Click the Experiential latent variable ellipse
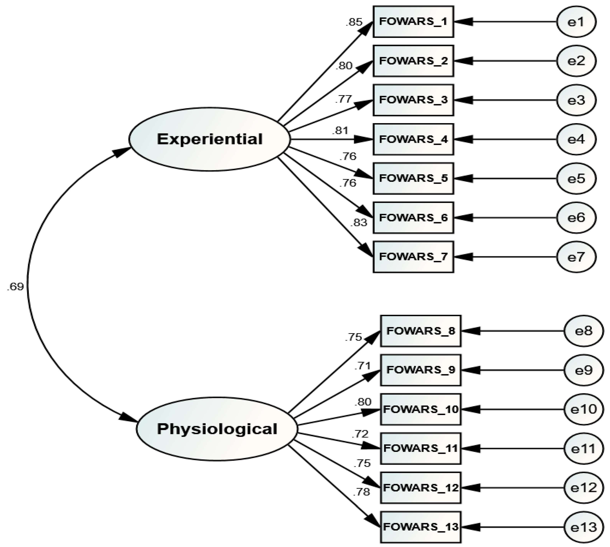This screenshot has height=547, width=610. [x=209, y=139]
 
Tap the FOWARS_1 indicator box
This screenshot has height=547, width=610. [x=413, y=22]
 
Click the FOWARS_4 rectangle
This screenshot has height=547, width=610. [x=413, y=139]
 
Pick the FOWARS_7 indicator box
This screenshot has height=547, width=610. [x=413, y=257]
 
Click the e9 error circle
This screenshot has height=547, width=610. [x=583, y=370]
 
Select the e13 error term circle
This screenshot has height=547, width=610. [x=583, y=527]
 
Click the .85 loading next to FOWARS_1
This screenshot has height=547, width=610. [x=354, y=22]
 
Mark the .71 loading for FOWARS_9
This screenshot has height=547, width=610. [x=363, y=366]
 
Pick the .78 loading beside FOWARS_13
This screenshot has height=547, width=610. [x=361, y=492]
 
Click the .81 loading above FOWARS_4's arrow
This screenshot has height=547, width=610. [x=340, y=131]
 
